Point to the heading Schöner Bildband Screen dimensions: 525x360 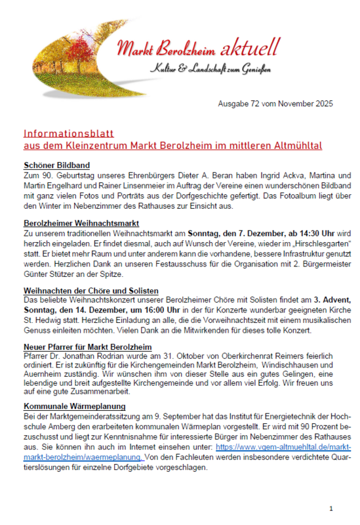56,165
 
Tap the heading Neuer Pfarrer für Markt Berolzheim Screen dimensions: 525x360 87,346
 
